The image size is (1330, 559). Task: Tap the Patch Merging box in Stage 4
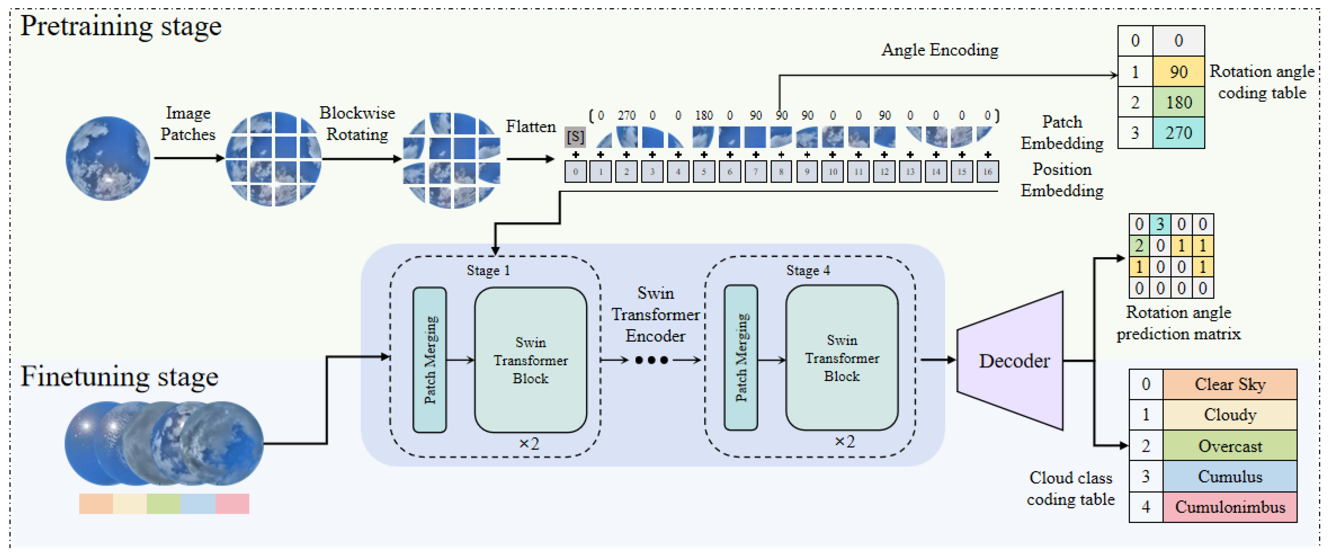click(x=741, y=358)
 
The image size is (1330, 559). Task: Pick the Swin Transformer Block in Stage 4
click(x=842, y=358)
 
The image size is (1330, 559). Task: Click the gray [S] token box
click(x=575, y=137)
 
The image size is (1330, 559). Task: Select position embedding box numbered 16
click(x=987, y=171)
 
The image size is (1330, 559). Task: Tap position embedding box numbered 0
click(x=575, y=171)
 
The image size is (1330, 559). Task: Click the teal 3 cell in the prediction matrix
click(x=1160, y=224)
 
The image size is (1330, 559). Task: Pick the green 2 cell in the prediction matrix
click(x=1139, y=245)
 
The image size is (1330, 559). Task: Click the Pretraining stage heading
click(x=121, y=26)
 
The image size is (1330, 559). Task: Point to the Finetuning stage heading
click(x=119, y=376)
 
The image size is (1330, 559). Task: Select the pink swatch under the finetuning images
click(x=232, y=503)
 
